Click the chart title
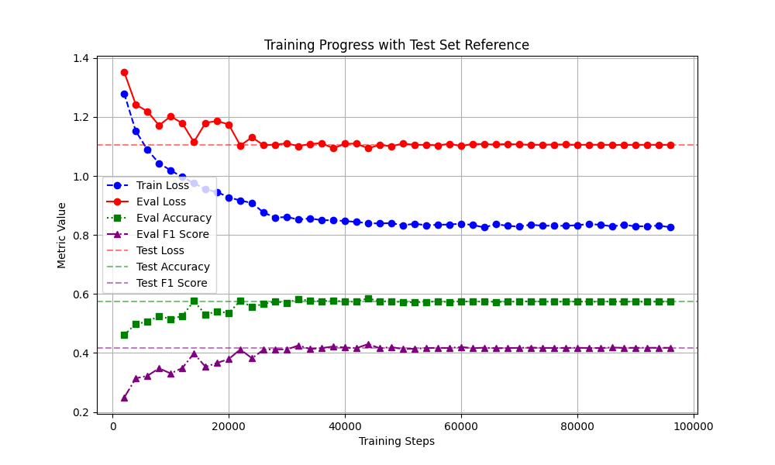tap(396, 45)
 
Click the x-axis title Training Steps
tap(396, 441)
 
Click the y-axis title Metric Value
tap(62, 235)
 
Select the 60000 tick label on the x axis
tap(461, 425)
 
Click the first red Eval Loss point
tap(124, 72)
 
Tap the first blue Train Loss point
tap(124, 94)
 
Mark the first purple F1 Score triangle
tap(124, 398)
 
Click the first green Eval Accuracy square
tap(124, 335)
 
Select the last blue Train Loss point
tap(670, 227)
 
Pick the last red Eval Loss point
tap(670, 145)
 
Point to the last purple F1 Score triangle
tap(670, 348)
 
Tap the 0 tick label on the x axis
tap(112, 425)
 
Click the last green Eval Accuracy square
tap(670, 301)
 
